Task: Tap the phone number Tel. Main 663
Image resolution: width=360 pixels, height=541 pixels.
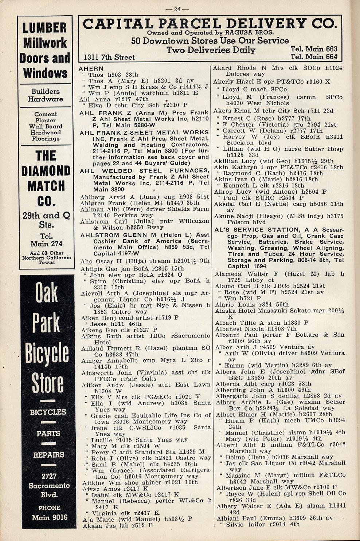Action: pyautogui.click(x=314, y=49)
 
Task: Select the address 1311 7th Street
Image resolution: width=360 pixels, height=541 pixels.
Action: pyautogui.click(x=109, y=57)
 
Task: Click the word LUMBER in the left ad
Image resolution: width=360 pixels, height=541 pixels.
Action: pyautogui.click(x=45, y=28)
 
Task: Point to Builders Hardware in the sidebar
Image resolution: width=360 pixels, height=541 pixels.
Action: pyautogui.click(x=46, y=95)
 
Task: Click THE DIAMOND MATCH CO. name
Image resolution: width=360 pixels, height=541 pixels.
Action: pyautogui.click(x=46, y=178)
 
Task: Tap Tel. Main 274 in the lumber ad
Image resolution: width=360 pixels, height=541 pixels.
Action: pyautogui.click(x=46, y=240)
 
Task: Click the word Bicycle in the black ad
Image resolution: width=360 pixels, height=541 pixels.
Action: pyautogui.click(x=47, y=353)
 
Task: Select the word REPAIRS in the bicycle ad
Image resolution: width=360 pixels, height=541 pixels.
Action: pyautogui.click(x=48, y=455)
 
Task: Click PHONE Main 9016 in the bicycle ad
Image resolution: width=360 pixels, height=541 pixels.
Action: pyautogui.click(x=49, y=513)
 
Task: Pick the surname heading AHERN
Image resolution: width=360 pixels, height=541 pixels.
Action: pyautogui.click(x=91, y=68)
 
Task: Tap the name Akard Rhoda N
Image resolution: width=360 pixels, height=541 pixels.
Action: pyautogui.click(x=237, y=68)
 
